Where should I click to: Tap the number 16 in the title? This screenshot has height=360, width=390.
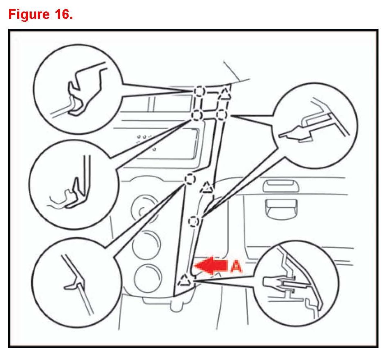(61, 15)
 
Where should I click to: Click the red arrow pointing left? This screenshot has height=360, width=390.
(210, 267)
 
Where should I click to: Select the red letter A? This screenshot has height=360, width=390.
(235, 267)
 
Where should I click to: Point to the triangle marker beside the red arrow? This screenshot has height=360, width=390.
(184, 280)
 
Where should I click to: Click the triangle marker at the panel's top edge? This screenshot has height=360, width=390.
(225, 94)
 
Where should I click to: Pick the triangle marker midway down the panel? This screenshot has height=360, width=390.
(207, 188)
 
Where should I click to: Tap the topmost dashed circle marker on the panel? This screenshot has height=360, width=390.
(199, 91)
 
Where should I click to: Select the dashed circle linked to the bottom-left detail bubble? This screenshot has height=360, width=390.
(189, 179)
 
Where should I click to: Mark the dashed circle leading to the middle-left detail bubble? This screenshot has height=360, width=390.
(196, 115)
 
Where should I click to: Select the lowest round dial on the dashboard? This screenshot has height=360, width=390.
(148, 279)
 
